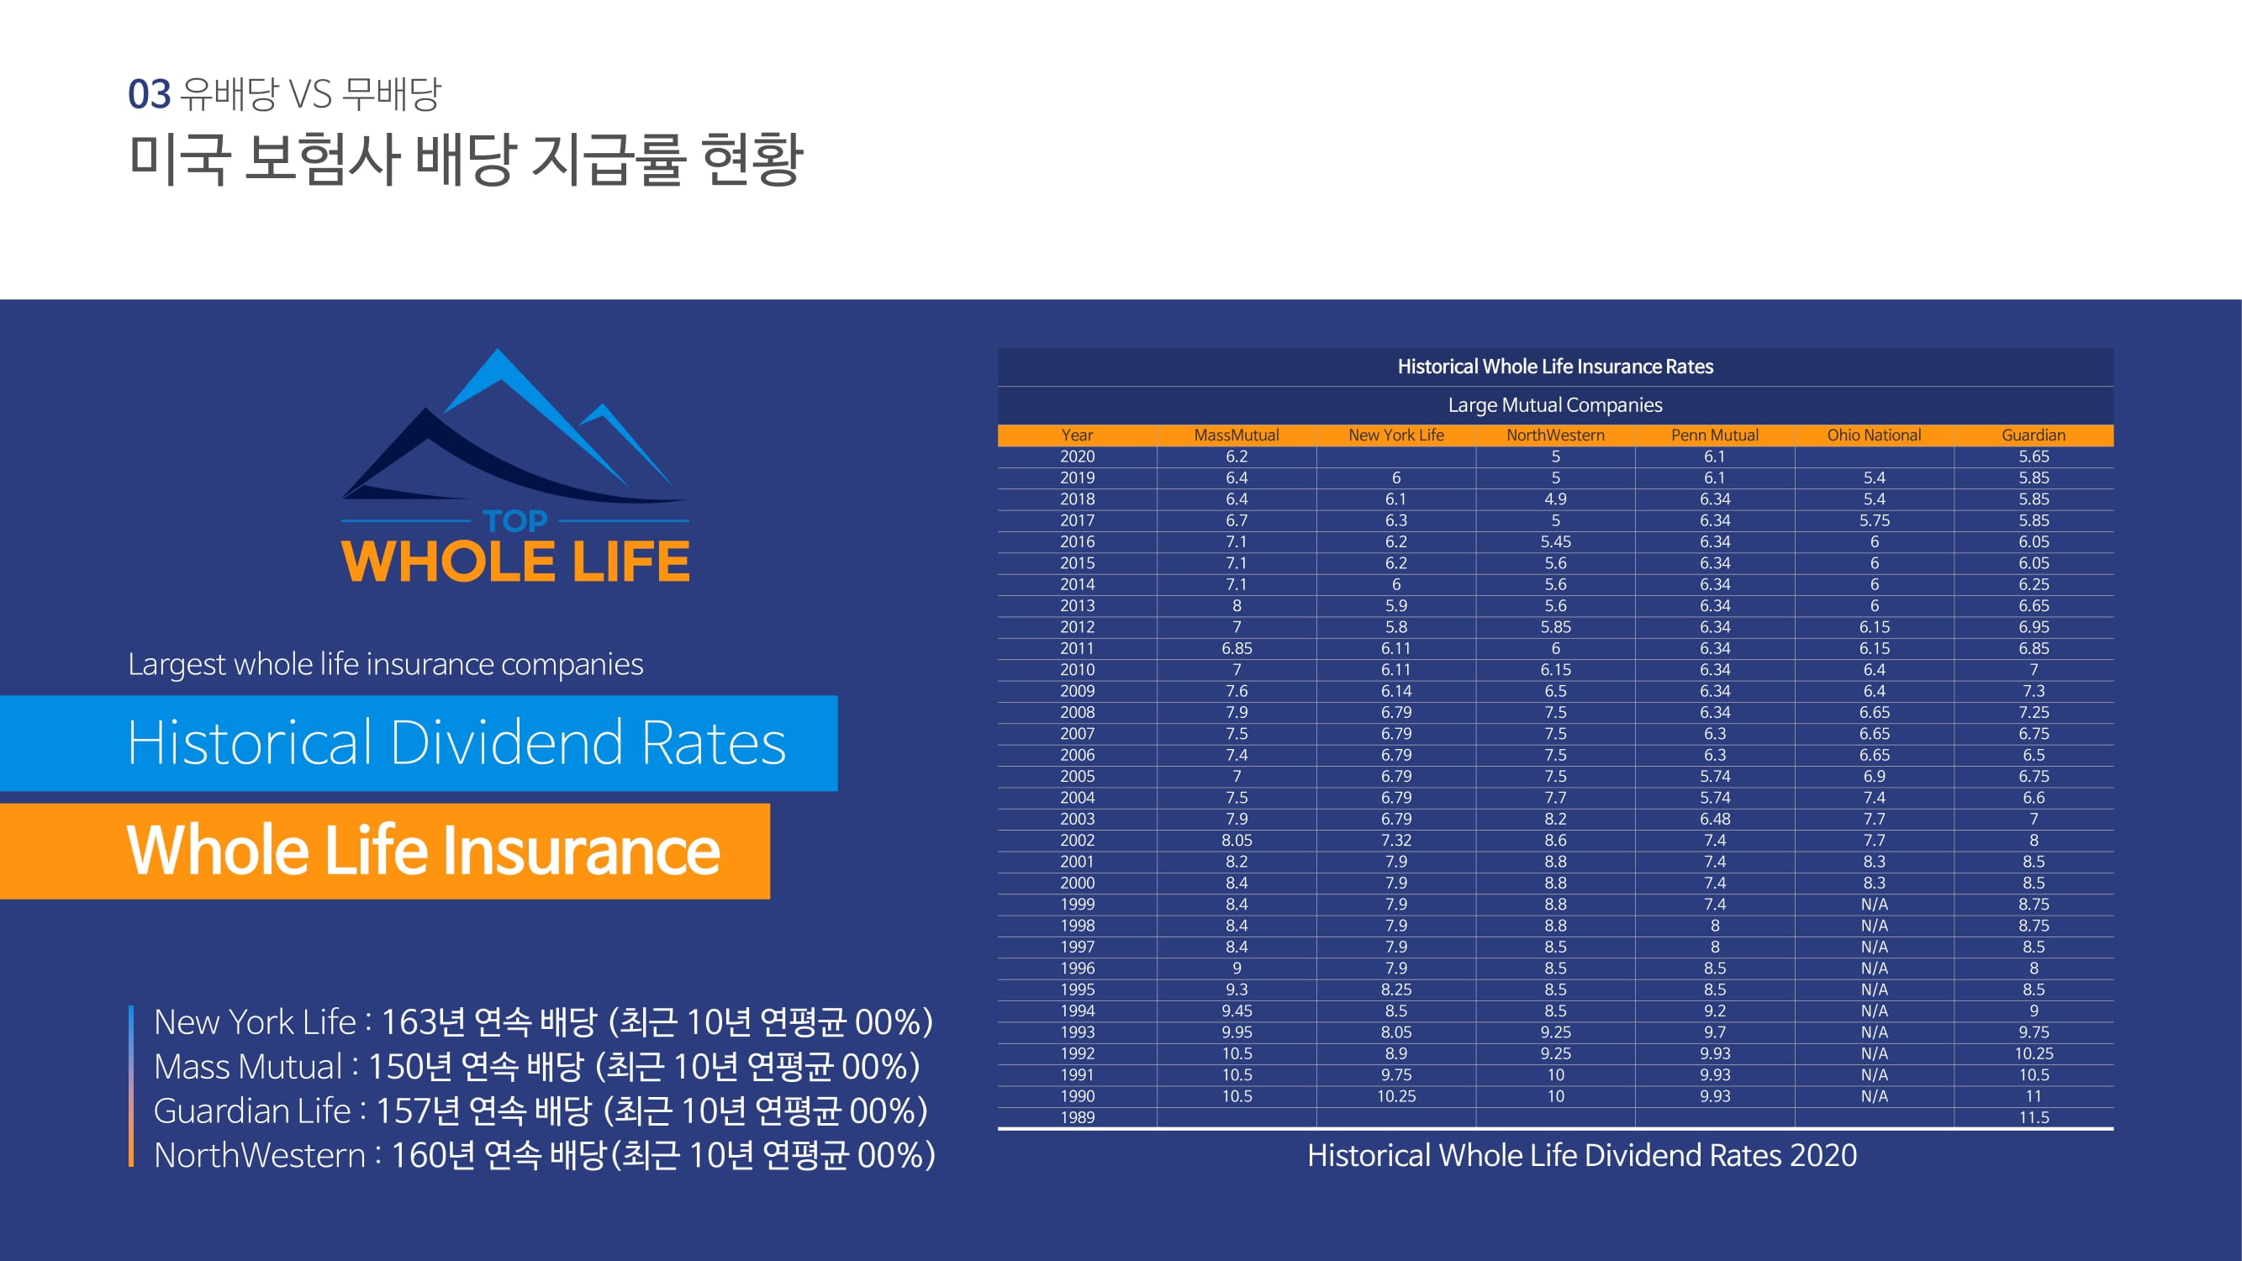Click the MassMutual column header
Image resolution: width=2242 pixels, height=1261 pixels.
coord(1236,435)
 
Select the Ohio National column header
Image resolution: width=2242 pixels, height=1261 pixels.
coord(1874,435)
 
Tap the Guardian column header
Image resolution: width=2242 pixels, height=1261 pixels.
coord(2034,435)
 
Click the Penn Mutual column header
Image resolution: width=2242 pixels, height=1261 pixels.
coord(1715,435)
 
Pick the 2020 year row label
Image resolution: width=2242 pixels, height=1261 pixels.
coord(1077,456)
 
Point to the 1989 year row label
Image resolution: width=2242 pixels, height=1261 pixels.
coord(1077,1117)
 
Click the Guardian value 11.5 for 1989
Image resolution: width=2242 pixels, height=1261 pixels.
coord(2034,1117)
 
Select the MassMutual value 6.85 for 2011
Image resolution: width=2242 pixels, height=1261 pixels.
coord(1236,648)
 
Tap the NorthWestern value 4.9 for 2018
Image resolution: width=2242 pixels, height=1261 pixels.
coord(1555,499)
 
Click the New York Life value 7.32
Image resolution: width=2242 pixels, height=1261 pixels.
coord(1396,840)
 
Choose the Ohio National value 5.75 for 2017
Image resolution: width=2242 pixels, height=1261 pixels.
coord(1874,520)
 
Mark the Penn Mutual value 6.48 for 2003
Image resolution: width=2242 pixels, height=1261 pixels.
coord(1715,819)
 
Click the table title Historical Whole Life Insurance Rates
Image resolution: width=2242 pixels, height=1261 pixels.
coord(1555,367)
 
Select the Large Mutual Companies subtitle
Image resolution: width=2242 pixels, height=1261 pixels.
coord(1555,404)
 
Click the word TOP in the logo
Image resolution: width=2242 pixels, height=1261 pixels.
coord(514,521)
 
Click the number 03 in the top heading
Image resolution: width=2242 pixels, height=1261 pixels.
coord(149,94)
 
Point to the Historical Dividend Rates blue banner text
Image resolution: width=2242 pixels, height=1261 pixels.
coord(457,742)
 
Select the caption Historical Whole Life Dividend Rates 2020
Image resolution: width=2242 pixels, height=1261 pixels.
coord(1581,1155)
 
